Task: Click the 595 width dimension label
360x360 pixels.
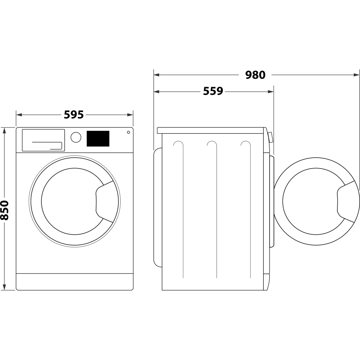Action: point(74,114)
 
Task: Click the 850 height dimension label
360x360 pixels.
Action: point(5,210)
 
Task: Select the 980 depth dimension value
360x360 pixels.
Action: point(255,75)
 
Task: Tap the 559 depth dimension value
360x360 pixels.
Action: point(213,91)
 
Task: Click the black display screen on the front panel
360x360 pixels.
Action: point(98,139)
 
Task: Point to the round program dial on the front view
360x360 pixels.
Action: point(76,138)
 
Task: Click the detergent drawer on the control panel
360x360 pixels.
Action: point(43,140)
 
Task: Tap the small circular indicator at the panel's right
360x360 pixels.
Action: point(128,132)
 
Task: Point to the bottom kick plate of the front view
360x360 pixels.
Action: point(75,281)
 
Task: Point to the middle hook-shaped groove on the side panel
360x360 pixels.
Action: point(212,144)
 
